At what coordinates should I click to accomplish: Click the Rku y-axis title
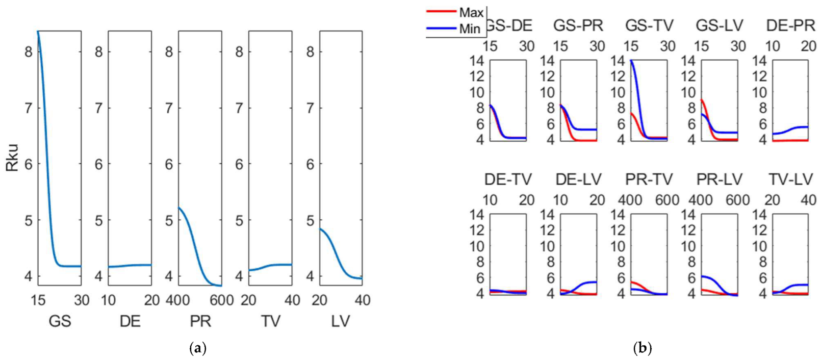pyautogui.click(x=12, y=158)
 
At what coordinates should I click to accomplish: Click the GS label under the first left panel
pyautogui.click(x=60, y=321)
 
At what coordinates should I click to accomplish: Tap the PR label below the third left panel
pyautogui.click(x=200, y=321)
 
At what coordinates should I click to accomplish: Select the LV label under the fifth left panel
pyautogui.click(x=341, y=321)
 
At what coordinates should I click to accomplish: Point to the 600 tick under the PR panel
pyautogui.click(x=222, y=300)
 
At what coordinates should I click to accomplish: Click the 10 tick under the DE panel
pyautogui.click(x=108, y=300)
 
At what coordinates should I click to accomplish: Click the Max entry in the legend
pyautogui.click(x=471, y=12)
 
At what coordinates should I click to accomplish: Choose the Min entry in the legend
pyautogui.click(x=470, y=29)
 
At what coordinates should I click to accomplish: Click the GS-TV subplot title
pyautogui.click(x=649, y=25)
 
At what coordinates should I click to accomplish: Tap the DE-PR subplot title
pyautogui.click(x=790, y=25)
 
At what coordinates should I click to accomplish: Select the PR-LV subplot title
pyautogui.click(x=720, y=179)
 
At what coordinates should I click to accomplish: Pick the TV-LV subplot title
pyautogui.click(x=790, y=179)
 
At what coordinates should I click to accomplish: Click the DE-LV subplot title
pyautogui.click(x=578, y=179)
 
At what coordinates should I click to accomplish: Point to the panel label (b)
pyautogui.click(x=642, y=349)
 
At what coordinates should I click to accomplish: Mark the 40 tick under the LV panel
pyautogui.click(x=363, y=300)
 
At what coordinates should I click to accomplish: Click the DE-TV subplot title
pyautogui.click(x=508, y=179)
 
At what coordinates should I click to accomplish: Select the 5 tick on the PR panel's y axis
pyautogui.click(x=169, y=220)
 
